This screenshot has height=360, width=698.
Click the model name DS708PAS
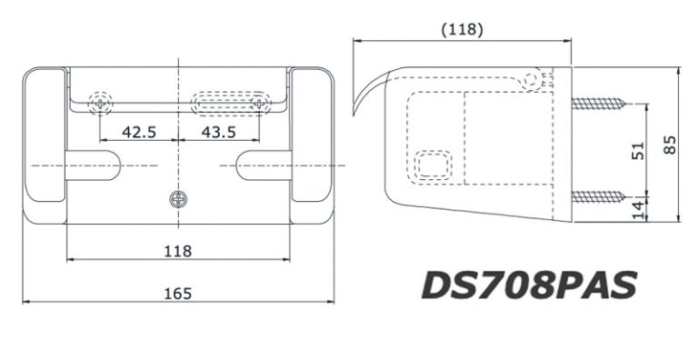(529, 285)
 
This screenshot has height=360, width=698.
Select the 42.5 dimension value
(139, 132)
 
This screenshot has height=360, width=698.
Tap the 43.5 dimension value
(218, 132)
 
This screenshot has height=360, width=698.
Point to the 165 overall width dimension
(178, 294)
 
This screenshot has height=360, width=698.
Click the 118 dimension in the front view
(178, 251)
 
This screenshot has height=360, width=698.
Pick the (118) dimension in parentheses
(462, 30)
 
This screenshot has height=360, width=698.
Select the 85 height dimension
(670, 145)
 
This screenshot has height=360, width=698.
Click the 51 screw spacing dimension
(638, 151)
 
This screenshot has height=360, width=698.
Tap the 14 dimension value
(638, 210)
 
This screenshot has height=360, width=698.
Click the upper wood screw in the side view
(599, 104)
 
